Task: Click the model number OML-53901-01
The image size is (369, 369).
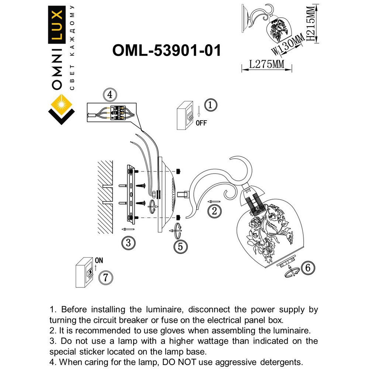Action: tap(166, 51)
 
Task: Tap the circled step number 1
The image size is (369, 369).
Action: tap(210, 105)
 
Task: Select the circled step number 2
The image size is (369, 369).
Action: tap(214, 211)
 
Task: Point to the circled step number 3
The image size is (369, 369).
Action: tap(128, 243)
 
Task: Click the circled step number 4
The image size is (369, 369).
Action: tap(109, 95)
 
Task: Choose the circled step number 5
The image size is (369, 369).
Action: tap(180, 246)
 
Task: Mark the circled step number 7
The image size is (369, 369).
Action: tap(106, 277)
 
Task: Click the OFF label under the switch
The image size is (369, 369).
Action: tap(201, 123)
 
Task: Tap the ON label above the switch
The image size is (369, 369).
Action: tap(99, 260)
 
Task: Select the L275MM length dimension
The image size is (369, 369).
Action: tap(266, 65)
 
